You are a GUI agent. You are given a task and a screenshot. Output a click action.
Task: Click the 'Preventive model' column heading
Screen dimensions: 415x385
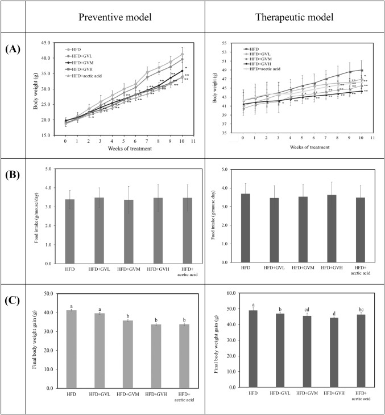click(x=115, y=16)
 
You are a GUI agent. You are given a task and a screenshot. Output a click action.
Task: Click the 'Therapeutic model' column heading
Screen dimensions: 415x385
click(x=294, y=16)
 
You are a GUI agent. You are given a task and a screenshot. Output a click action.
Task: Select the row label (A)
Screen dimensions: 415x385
click(x=13, y=50)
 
